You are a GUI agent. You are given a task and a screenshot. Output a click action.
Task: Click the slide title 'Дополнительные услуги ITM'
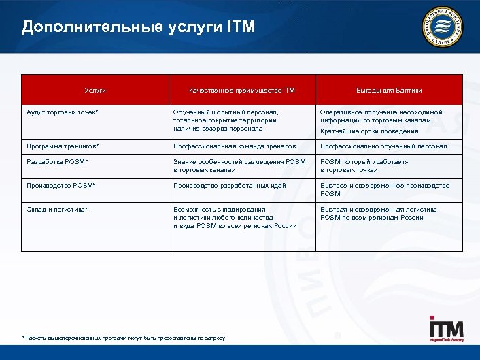[x=138, y=27]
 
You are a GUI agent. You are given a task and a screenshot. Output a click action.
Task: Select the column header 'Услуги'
[x=95, y=91]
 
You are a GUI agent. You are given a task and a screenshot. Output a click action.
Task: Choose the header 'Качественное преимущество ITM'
[x=242, y=91]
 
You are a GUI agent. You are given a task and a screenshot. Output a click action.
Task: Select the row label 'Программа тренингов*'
[x=63, y=146]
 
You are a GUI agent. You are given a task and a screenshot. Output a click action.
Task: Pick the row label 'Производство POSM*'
[x=61, y=185]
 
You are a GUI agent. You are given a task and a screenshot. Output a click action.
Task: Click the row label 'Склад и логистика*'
[x=58, y=210]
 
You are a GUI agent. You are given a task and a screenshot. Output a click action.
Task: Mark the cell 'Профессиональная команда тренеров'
[x=235, y=146]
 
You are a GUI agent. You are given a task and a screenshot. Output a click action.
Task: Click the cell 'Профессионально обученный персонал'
[x=383, y=146]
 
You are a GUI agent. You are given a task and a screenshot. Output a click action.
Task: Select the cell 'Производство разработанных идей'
[x=230, y=185]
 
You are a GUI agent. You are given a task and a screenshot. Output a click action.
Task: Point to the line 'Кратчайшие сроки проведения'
[x=369, y=131]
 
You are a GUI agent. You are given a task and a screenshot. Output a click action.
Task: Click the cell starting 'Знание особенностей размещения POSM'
[x=239, y=166]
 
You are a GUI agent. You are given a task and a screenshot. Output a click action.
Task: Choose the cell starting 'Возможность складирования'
[x=235, y=217]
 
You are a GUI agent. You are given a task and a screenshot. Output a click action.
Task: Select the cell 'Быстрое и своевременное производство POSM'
[x=385, y=189]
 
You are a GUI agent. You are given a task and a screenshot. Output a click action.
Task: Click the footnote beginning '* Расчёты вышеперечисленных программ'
[x=123, y=338]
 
